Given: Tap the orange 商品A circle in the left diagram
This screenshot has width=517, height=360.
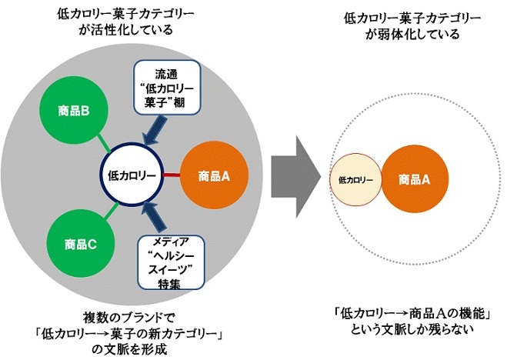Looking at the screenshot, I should click(x=215, y=175).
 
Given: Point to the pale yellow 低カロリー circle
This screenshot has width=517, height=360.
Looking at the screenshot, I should click(x=355, y=179).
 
